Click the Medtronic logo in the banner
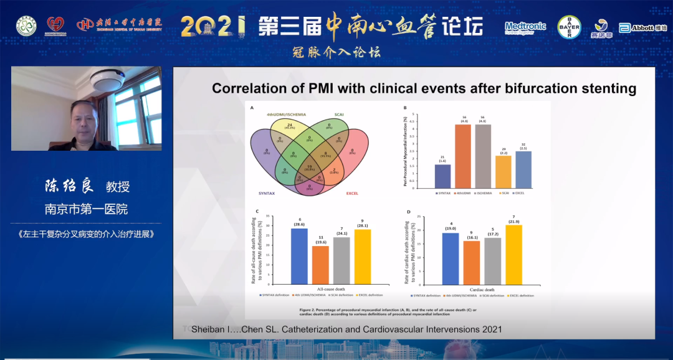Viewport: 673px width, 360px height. pyautogui.click(x=525, y=27)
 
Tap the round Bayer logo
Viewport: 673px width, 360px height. pyautogui.click(x=568, y=27)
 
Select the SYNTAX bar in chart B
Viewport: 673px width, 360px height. pyautogui.click(x=442, y=177)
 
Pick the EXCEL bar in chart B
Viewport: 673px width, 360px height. pyautogui.click(x=523, y=169)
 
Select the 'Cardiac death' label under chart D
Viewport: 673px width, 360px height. pyautogui.click(x=482, y=289)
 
